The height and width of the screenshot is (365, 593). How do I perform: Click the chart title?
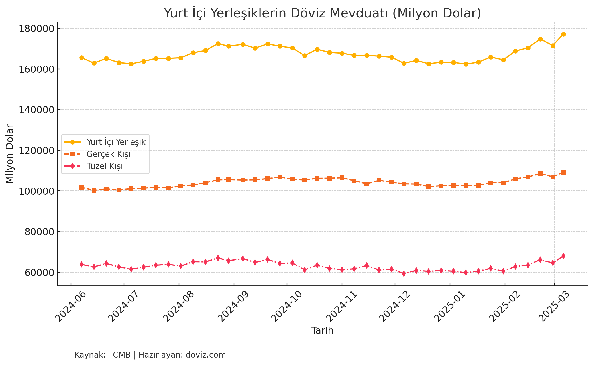click(x=322, y=13)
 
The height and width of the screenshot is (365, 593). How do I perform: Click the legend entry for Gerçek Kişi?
click(x=108, y=154)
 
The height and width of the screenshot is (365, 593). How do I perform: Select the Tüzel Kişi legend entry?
click(x=105, y=166)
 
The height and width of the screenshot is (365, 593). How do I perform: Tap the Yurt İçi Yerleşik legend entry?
click(x=116, y=142)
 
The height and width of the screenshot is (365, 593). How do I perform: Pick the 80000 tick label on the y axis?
click(x=39, y=232)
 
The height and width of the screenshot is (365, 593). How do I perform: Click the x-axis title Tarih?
click(x=322, y=331)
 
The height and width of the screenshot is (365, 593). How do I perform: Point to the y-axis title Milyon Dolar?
click(x=10, y=154)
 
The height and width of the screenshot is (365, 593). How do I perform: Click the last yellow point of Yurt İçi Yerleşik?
click(x=563, y=35)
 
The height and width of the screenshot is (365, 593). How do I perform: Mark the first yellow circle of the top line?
click(x=81, y=58)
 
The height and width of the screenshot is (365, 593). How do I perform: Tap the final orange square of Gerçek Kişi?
click(x=563, y=172)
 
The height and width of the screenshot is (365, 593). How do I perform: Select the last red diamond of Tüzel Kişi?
click(x=563, y=256)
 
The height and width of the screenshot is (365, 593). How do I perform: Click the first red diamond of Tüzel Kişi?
click(x=81, y=264)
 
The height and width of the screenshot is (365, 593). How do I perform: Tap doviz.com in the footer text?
click(x=206, y=355)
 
